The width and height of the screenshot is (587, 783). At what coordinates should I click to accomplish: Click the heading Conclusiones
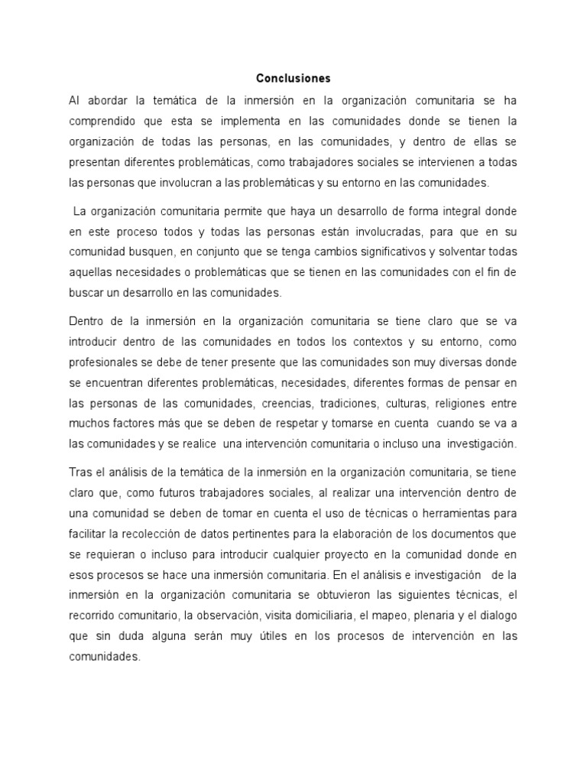(293, 78)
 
